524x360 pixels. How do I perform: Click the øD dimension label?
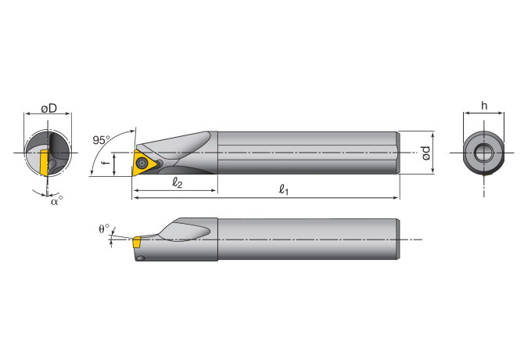tap(48, 108)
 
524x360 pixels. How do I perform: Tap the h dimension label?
tap(484, 105)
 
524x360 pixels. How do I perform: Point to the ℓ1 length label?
tap(283, 190)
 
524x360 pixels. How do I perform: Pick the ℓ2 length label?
tap(177, 182)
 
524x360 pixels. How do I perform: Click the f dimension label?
tap(110, 164)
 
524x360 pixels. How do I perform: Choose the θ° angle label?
tap(105, 229)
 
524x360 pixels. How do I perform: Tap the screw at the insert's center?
tap(143, 162)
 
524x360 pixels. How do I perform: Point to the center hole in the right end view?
tap(484, 152)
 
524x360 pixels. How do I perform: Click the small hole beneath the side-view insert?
tap(140, 257)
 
